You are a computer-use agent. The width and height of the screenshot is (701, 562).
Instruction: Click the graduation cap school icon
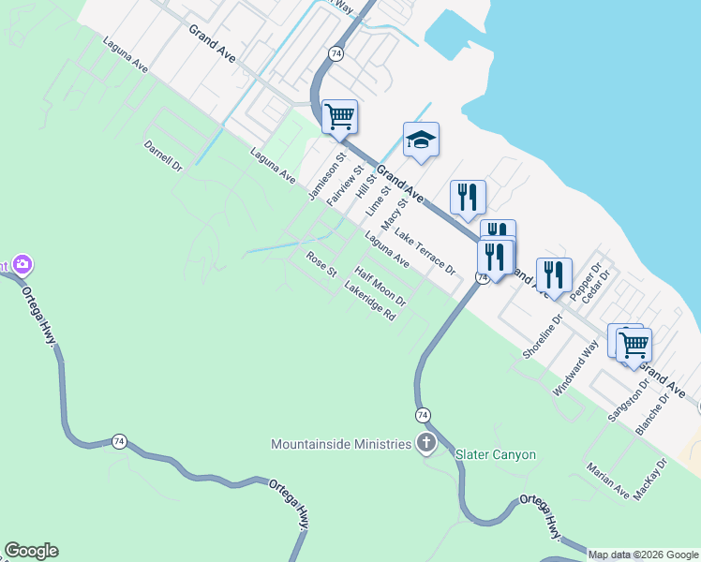pyautogui.click(x=421, y=140)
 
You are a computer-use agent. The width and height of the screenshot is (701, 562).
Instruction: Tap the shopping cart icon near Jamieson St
pyautogui.click(x=338, y=117)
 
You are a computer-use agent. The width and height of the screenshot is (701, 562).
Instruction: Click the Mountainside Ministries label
pyautogui.click(x=341, y=443)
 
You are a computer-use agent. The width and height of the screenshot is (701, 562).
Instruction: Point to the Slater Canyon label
pyautogui.click(x=495, y=455)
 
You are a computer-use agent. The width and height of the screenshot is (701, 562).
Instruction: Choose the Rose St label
pyautogui.click(x=321, y=263)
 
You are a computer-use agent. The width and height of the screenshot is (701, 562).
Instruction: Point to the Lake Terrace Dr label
pyautogui.click(x=425, y=251)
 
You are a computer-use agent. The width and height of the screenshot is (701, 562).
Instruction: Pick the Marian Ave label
pyautogui.click(x=608, y=480)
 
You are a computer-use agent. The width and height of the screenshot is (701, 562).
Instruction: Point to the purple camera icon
pyautogui.click(x=21, y=265)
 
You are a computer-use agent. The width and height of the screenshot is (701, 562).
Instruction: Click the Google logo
pyautogui.click(x=31, y=551)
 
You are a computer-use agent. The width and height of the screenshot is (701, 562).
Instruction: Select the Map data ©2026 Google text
pyautogui.click(x=642, y=555)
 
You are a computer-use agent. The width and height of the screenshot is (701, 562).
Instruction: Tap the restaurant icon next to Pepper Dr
pyautogui.click(x=553, y=274)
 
